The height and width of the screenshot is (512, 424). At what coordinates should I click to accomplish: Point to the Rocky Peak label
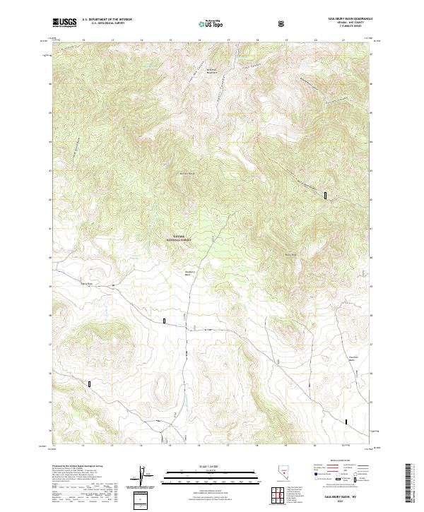289,254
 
